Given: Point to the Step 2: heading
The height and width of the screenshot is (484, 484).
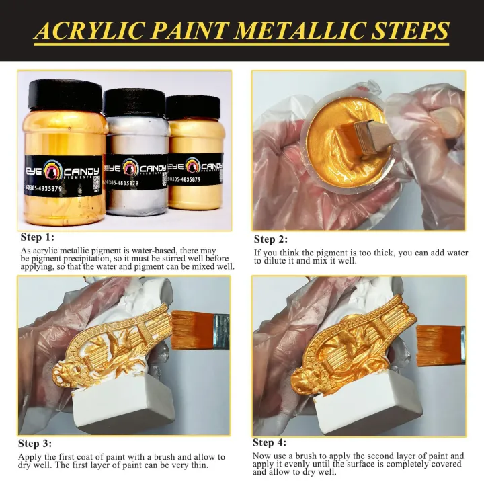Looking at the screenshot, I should pyautogui.click(x=270, y=239).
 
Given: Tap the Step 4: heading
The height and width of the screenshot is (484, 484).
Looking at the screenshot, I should pyautogui.click(x=270, y=442).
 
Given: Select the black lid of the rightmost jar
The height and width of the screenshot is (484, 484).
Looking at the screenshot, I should pyautogui.click(x=193, y=107).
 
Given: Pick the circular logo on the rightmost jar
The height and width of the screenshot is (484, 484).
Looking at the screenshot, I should pyautogui.click(x=193, y=166).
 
